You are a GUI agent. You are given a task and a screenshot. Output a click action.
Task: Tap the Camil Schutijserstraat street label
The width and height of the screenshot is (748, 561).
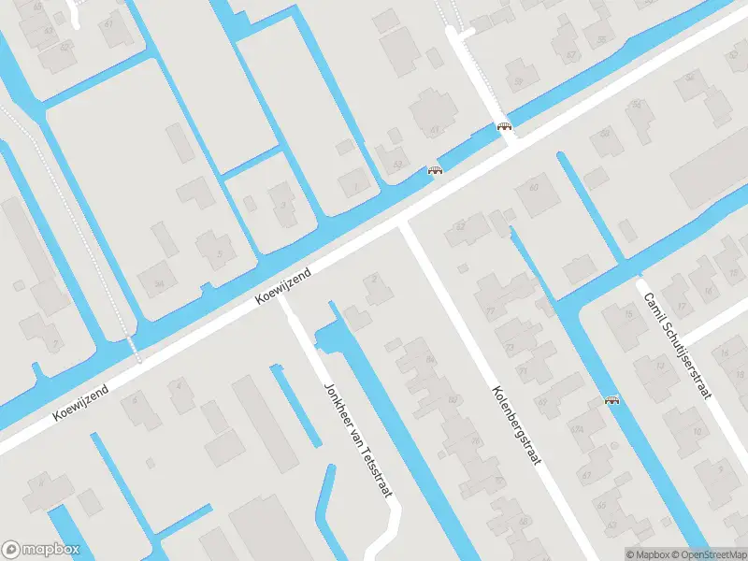pos(674,345)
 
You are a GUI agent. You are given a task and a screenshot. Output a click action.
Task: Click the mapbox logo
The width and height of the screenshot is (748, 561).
pos(40,550)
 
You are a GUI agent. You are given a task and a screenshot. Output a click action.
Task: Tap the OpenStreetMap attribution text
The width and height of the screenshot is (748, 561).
pos(709,554)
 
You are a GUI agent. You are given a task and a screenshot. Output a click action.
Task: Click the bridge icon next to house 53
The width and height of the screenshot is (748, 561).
pos(434,170)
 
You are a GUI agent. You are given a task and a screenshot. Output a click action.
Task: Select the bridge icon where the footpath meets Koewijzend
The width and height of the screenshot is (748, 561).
pos(505,126)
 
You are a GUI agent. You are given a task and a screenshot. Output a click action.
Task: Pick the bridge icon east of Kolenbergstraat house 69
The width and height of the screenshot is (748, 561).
pos(612,400)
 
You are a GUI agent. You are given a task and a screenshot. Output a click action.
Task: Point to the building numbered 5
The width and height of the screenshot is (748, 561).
pos(218,252)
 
